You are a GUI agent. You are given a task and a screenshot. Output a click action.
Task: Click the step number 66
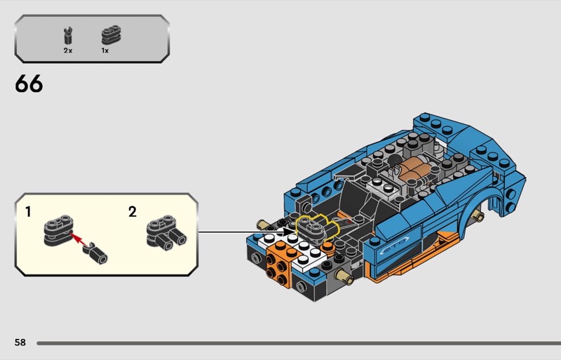coord(29,84)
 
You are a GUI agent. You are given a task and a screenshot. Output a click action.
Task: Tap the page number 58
coord(20,342)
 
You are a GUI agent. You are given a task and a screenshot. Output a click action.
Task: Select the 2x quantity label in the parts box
coord(68,51)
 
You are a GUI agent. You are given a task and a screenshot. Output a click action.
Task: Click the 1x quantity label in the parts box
coord(104,51)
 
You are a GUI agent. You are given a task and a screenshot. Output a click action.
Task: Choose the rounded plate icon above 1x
coord(111,35)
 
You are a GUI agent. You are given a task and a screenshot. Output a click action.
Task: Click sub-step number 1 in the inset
coord(28,212)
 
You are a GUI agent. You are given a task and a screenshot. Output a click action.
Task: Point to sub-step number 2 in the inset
coord(133,212)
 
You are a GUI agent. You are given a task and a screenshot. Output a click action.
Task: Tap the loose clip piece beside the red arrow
coord(95,253)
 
